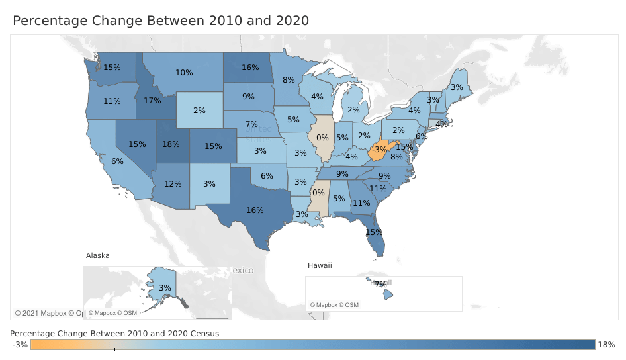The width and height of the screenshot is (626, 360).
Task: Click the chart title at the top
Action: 161,21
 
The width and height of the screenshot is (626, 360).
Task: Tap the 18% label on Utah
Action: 171,144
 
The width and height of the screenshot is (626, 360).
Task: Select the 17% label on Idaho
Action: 152,101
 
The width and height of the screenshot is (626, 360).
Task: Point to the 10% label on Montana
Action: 184,73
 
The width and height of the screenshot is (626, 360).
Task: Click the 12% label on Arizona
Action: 173,183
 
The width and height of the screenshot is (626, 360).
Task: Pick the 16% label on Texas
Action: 255,210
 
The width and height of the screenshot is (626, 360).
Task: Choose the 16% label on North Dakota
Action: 250,67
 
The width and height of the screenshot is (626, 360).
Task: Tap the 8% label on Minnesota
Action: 289,80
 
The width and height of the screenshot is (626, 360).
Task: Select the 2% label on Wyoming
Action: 200,111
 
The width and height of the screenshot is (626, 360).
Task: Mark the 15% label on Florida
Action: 374,232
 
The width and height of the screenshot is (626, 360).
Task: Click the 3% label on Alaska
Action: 165,288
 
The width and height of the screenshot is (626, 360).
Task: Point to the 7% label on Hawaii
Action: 380,284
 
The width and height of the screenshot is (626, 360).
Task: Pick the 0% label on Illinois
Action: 323,138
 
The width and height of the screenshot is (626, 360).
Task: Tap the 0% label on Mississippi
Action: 318,193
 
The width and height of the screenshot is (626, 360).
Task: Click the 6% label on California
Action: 118,161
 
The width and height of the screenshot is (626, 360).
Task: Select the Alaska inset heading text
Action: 98,255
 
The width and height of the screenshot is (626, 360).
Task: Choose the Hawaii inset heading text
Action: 320,265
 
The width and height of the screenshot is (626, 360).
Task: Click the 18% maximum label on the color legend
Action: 607,345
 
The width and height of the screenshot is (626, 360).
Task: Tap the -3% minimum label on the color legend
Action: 20,345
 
